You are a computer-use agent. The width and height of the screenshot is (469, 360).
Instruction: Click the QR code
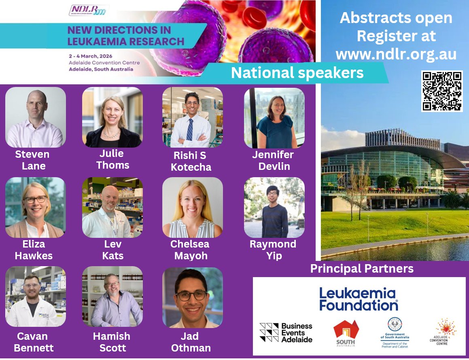click(x=441, y=91)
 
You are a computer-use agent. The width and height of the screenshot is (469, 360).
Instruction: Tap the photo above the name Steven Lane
click(x=36, y=117)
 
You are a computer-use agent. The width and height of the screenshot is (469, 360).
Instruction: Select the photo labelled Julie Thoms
click(x=112, y=117)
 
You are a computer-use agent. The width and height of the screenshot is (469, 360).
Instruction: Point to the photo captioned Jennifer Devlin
click(x=274, y=118)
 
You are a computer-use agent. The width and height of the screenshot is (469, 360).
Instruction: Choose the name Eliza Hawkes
click(x=34, y=250)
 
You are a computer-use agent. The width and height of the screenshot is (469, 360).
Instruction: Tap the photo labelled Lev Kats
click(x=112, y=207)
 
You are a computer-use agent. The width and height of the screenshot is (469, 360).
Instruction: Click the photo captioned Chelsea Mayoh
click(x=192, y=207)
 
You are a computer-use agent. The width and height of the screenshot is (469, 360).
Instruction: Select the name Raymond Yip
click(x=273, y=250)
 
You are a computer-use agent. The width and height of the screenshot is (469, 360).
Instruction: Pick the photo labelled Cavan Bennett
click(x=36, y=296)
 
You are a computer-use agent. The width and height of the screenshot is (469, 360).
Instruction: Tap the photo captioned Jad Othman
click(x=192, y=297)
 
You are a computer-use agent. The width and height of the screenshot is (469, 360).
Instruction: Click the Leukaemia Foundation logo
click(x=359, y=299)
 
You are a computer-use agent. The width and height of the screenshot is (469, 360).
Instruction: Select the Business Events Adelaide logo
click(x=286, y=332)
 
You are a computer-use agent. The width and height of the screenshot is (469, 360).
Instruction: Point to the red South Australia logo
click(x=346, y=332)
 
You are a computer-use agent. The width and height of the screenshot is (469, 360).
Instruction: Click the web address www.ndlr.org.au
click(x=396, y=54)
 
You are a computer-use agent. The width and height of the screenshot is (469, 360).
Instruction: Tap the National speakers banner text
click(x=297, y=73)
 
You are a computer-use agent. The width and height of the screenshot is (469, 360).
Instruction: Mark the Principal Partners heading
click(x=362, y=269)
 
